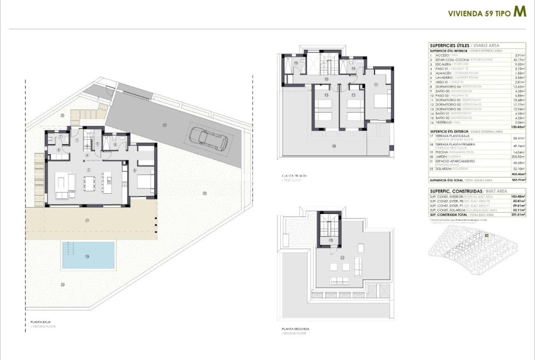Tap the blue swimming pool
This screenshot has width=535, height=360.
click(x=88, y=256)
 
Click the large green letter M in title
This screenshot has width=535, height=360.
click(x=520, y=11)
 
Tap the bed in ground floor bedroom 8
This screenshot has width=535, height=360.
click(x=144, y=184)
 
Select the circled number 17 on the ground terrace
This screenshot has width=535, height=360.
click(x=87, y=220)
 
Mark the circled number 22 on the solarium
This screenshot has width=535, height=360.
click(x=342, y=257)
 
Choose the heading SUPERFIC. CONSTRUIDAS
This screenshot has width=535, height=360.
click(x=456, y=190)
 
